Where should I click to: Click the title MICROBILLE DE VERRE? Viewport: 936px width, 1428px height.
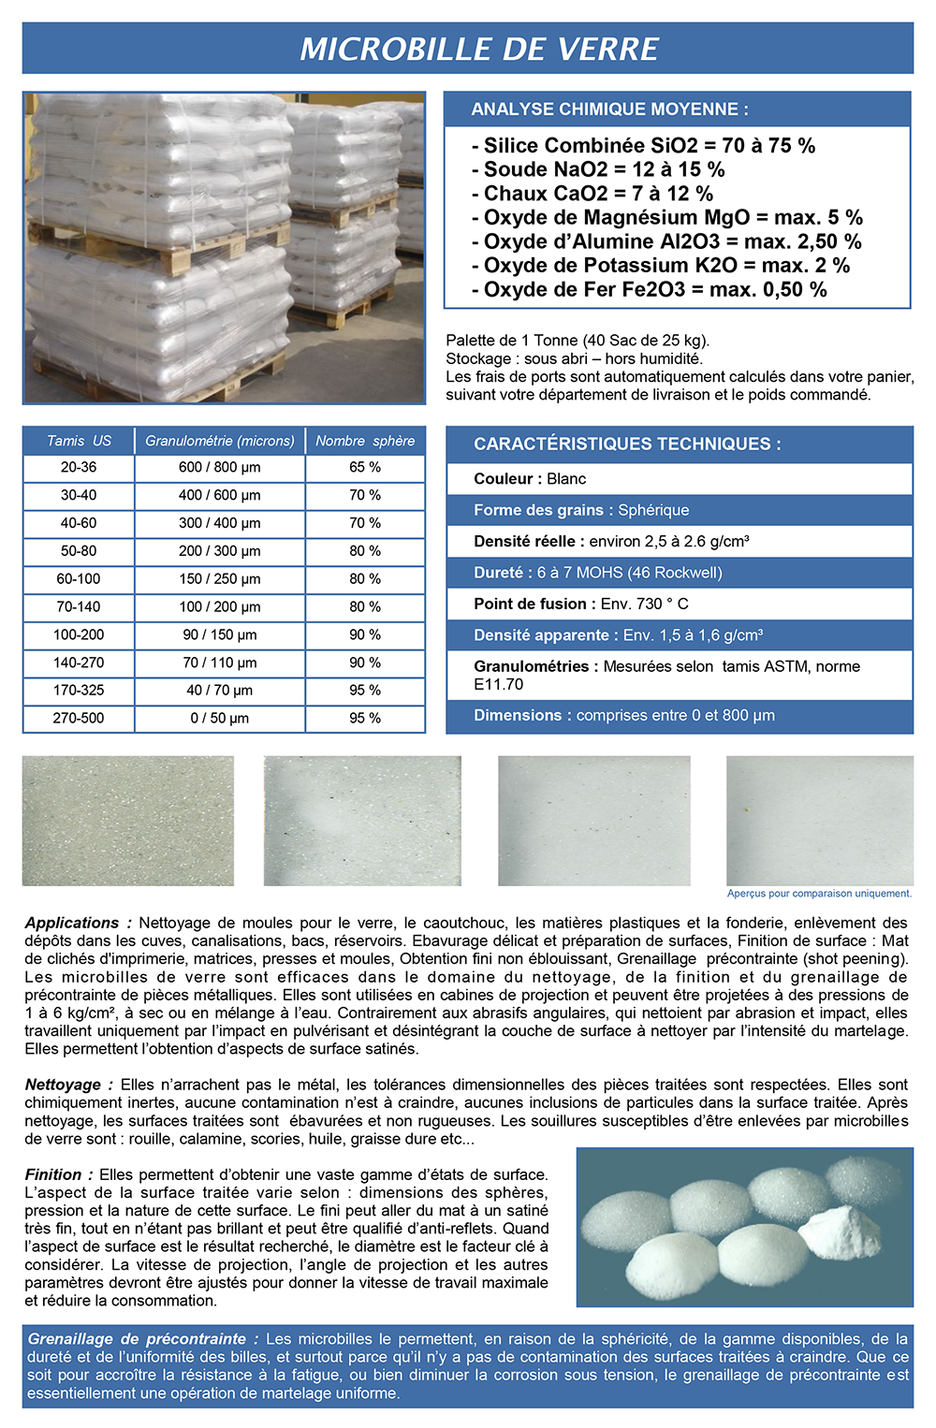(x=479, y=49)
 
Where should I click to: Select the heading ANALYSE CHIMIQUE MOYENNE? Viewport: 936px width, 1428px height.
(x=609, y=109)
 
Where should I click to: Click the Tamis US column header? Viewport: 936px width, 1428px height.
(x=79, y=441)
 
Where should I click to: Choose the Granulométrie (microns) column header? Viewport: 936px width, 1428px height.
(x=220, y=441)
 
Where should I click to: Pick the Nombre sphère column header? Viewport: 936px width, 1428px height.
(x=365, y=441)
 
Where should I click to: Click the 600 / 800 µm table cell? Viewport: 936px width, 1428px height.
(x=220, y=467)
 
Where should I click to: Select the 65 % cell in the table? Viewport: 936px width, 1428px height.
(x=365, y=467)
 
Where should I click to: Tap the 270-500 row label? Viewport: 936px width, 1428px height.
(x=79, y=719)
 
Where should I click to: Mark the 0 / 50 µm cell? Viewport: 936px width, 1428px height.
(x=220, y=719)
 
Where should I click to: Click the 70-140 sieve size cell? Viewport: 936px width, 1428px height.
(x=79, y=606)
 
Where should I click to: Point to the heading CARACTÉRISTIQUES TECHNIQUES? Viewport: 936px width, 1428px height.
(x=627, y=444)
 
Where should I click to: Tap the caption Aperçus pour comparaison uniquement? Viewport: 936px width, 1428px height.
(x=819, y=894)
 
